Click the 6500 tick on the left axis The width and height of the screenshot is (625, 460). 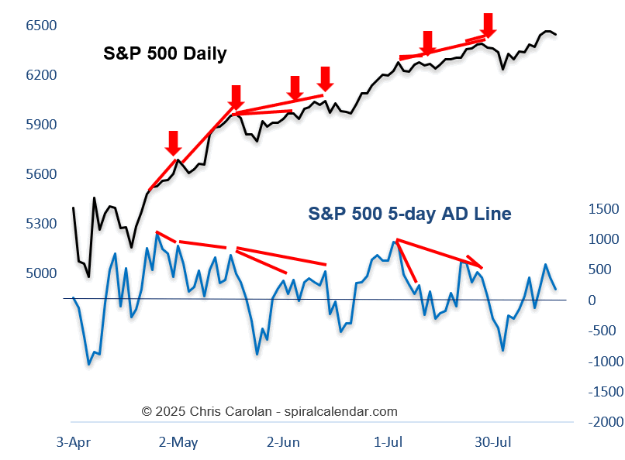(41, 26)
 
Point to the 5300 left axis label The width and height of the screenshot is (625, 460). (41, 224)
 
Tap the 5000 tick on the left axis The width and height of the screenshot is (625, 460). (41, 273)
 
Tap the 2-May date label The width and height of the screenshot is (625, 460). (178, 442)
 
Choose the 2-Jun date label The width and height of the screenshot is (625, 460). (283, 442)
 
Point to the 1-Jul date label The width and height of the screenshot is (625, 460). (388, 442)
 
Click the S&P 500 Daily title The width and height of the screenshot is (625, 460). (165, 53)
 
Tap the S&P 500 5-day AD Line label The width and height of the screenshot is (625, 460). (410, 214)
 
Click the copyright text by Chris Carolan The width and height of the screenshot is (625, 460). (269, 411)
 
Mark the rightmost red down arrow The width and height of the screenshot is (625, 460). (488, 24)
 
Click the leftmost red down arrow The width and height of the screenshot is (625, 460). (173, 142)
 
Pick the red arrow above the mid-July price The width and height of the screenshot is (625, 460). (426, 43)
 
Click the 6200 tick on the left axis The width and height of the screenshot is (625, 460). (41, 75)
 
